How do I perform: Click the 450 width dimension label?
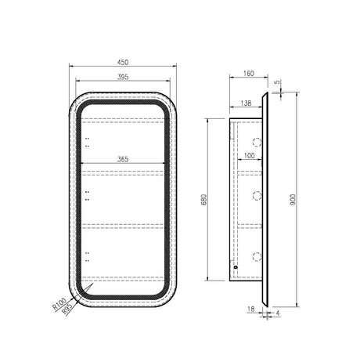(123, 63)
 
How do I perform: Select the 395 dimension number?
(123, 77)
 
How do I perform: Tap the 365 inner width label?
(123, 159)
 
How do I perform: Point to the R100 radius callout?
(59, 304)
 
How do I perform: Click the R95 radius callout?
(67, 309)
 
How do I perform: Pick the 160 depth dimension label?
(249, 74)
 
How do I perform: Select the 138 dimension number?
(246, 103)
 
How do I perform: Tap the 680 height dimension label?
(204, 200)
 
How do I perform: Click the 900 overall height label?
(293, 200)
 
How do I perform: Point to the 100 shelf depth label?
(249, 156)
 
